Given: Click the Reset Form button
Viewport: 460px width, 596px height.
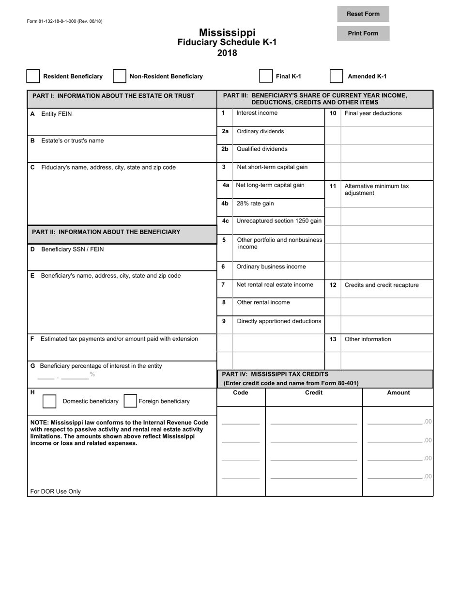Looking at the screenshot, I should tap(363, 14).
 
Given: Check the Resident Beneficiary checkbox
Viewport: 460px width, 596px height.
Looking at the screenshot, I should tap(33, 76).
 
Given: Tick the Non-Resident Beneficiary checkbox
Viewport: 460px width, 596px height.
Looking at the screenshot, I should tap(120, 76).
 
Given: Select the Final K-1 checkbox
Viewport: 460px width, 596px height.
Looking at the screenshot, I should tap(266, 76).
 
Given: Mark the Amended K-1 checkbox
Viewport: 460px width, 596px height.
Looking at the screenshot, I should tap(337, 76).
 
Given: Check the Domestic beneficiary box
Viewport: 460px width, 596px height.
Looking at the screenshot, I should tap(49, 401).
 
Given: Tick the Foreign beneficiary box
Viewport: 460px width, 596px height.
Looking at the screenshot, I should tap(130, 401).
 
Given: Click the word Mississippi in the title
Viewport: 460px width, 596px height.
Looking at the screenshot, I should tap(227, 32).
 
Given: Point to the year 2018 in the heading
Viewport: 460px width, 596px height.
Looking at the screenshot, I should tap(227, 53).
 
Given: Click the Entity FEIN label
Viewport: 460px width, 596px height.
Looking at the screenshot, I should tap(57, 114).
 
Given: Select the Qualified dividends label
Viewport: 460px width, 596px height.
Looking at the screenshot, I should tap(261, 149).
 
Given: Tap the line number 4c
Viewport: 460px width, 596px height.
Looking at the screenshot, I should tap(225, 220).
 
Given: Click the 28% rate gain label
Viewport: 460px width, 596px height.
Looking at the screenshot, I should tap(255, 204).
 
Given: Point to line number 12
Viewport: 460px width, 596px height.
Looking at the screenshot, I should tap(333, 285).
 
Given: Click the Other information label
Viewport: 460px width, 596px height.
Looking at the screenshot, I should tap(368, 339).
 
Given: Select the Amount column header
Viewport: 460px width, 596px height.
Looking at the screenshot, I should tap(398, 392).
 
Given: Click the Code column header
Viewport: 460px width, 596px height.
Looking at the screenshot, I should tap(241, 392).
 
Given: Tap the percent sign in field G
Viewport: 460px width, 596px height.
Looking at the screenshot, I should tap(92, 375).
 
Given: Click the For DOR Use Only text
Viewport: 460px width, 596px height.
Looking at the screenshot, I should tap(56, 491).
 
